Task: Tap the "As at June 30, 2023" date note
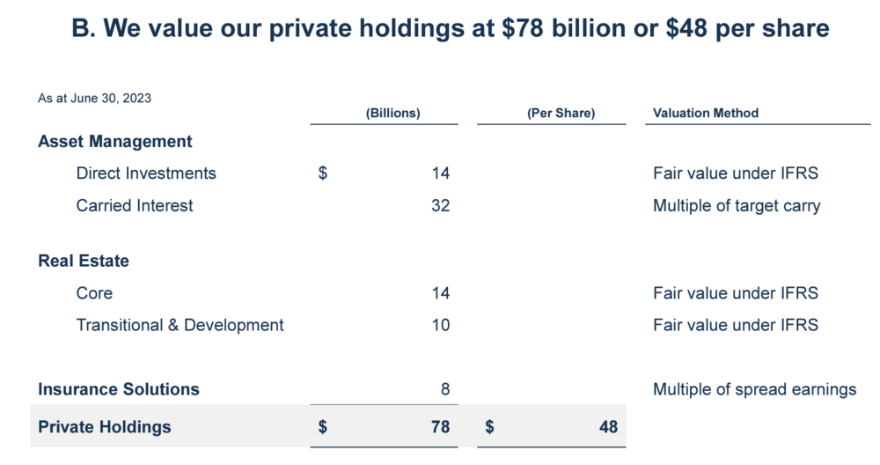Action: click(x=94, y=99)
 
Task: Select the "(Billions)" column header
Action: click(x=392, y=114)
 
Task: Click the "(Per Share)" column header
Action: click(x=561, y=114)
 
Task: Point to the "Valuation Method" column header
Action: click(x=706, y=114)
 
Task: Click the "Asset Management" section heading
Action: click(x=115, y=142)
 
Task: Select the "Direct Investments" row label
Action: click(x=146, y=173)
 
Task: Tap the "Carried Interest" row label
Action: click(x=135, y=206)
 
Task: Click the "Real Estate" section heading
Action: click(x=84, y=262)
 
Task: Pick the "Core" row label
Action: click(x=94, y=293)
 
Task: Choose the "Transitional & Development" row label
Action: click(x=180, y=326)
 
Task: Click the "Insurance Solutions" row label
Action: click(x=119, y=389)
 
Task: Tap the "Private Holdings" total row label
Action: click(x=105, y=427)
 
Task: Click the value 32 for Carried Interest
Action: click(x=440, y=206)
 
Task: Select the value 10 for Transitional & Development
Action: click(x=440, y=326)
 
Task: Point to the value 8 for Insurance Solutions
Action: click(x=444, y=389)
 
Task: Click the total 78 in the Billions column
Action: click(x=440, y=427)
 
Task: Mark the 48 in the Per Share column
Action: click(x=608, y=427)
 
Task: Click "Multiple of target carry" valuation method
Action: click(x=737, y=206)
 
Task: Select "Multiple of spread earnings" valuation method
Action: click(x=754, y=389)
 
